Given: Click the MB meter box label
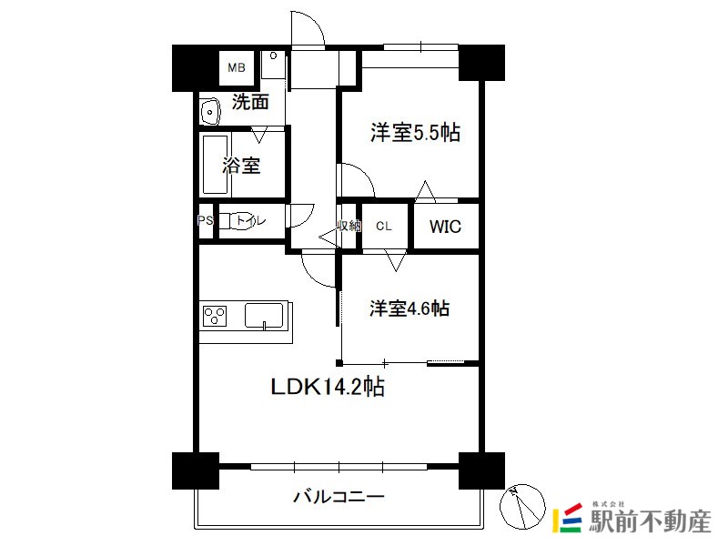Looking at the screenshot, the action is coord(237,67).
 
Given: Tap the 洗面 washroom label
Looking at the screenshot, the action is coord(250,102).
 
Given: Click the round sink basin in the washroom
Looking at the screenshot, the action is coord(210,112).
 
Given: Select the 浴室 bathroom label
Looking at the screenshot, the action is coord(241,166).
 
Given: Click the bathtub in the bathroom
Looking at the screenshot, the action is coord(216,165).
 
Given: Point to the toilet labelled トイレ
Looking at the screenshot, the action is coord(232,220).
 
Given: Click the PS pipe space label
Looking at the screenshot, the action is coord(205,220).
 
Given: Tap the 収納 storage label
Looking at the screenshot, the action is coord(349,226).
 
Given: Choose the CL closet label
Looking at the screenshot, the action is coord(384,226).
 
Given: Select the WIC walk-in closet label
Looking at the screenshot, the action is coord(445,227).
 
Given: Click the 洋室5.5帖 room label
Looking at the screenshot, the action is coord(415,133).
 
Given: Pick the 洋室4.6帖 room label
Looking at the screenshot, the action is coord(409,308).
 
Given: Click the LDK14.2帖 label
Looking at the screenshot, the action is coord(328,386).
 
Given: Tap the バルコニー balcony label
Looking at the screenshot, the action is coord(339,497).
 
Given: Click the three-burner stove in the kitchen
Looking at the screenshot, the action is coord(215,316).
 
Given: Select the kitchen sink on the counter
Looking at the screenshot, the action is coord(264,316).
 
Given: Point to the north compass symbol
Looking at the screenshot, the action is coord(522,507).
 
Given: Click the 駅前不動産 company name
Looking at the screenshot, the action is coord(650,521).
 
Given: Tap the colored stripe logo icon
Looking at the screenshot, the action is coord(567,518).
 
